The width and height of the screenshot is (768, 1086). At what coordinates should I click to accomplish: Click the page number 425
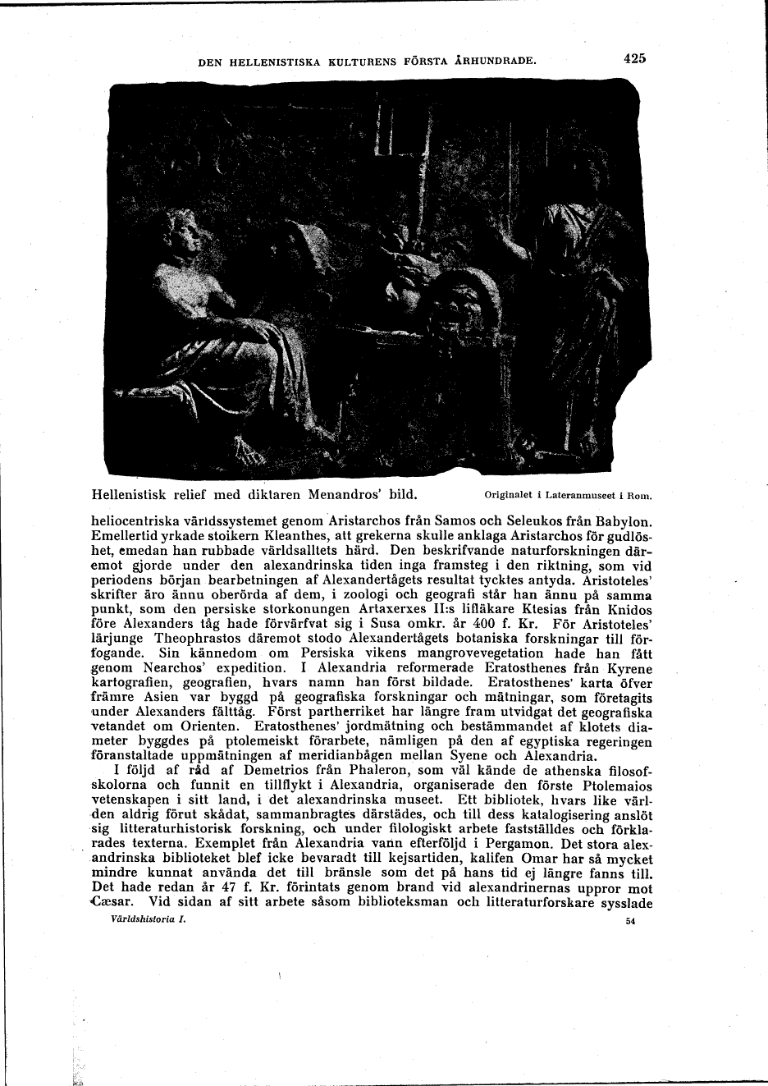(x=635, y=58)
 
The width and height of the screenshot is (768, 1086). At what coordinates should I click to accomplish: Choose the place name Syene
(x=470, y=755)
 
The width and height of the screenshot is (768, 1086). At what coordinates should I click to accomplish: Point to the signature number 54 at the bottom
(x=630, y=921)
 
